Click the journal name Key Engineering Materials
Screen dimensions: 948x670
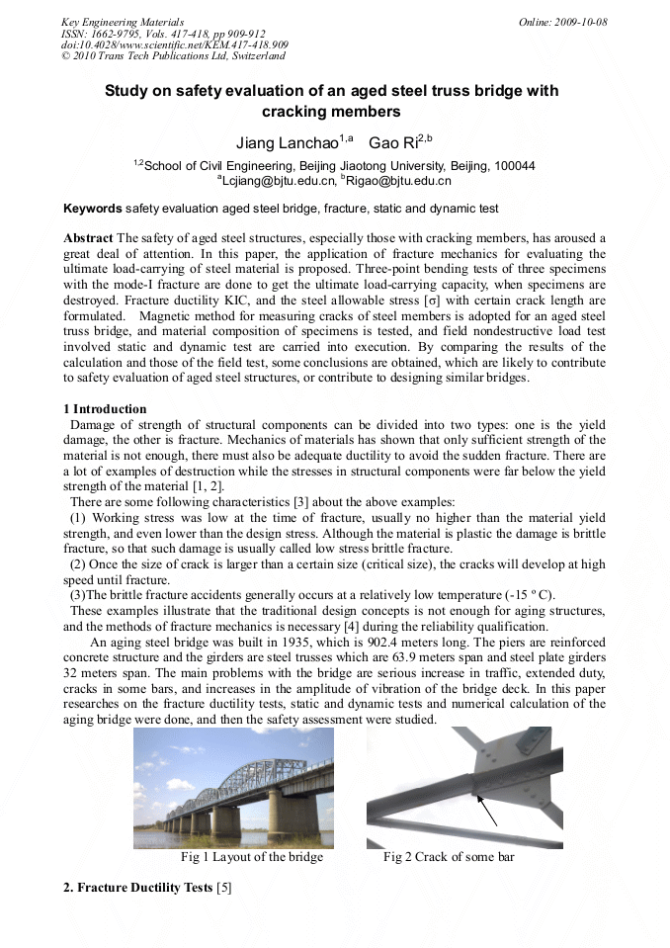(x=123, y=22)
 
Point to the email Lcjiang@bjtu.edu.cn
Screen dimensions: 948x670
(x=278, y=181)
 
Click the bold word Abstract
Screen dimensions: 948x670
(x=88, y=238)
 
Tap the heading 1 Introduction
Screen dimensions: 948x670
(x=105, y=409)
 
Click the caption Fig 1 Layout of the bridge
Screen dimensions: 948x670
(x=252, y=857)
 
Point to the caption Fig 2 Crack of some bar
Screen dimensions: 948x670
(x=449, y=857)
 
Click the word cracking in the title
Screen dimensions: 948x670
(x=295, y=112)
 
